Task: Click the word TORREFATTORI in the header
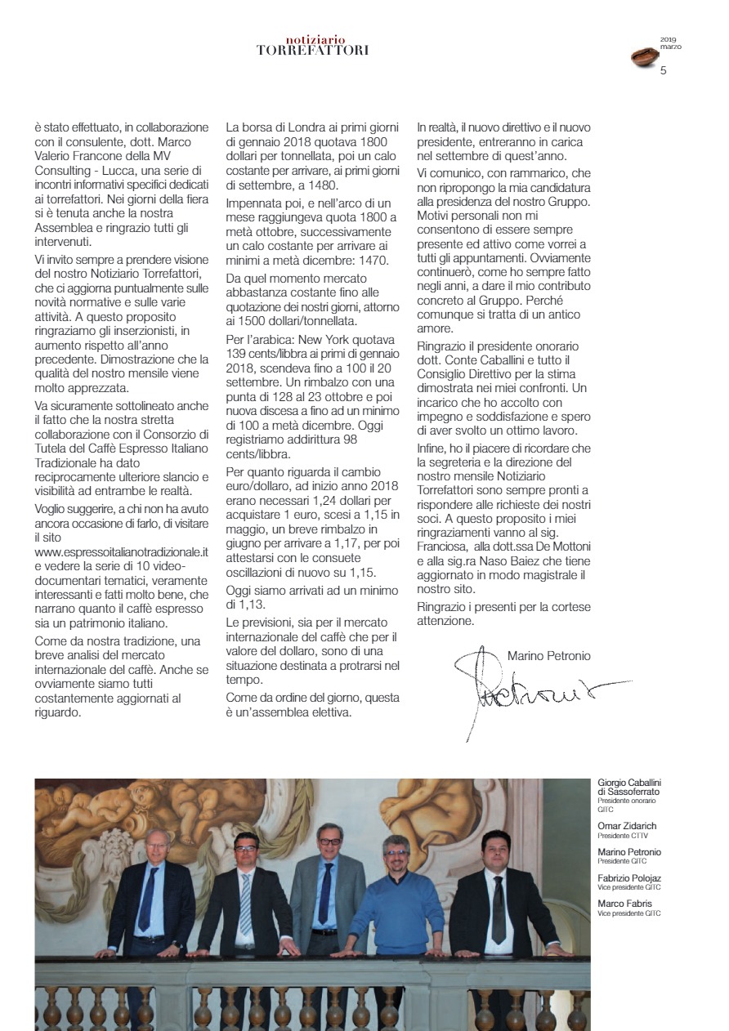(x=312, y=50)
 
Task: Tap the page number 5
(x=663, y=70)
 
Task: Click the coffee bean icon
(x=644, y=56)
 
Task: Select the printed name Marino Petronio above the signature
(x=548, y=655)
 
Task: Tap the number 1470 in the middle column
(x=372, y=261)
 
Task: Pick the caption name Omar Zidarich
(x=627, y=826)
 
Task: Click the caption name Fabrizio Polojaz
(x=629, y=878)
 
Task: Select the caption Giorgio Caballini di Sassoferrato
(x=628, y=788)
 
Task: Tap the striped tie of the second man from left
(x=245, y=902)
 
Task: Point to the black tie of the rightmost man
(x=498, y=907)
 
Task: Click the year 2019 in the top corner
(x=669, y=39)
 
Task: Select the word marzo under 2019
(x=670, y=47)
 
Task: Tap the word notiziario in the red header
(x=315, y=39)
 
